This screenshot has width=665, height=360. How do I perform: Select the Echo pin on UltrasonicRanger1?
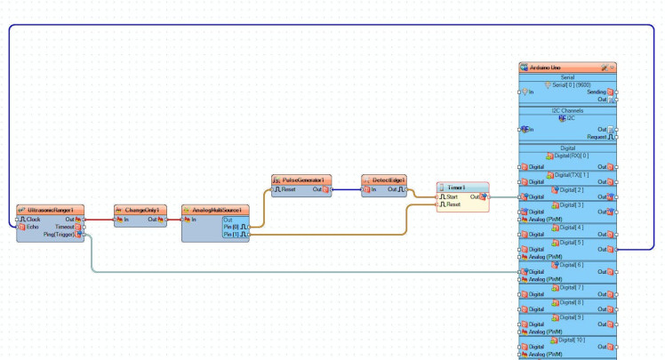point(33,227)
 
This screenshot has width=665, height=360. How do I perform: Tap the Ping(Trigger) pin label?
point(60,235)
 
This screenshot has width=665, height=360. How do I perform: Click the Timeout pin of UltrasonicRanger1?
point(65,227)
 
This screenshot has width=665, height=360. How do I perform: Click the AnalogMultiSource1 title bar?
point(217,210)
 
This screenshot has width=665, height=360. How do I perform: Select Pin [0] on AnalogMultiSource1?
point(236,228)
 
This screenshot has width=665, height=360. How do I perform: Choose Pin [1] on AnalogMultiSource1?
point(236,236)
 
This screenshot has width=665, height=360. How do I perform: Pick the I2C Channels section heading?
point(567,110)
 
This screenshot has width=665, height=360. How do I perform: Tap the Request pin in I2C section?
point(597,137)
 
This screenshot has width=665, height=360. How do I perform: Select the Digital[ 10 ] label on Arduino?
point(573,340)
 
